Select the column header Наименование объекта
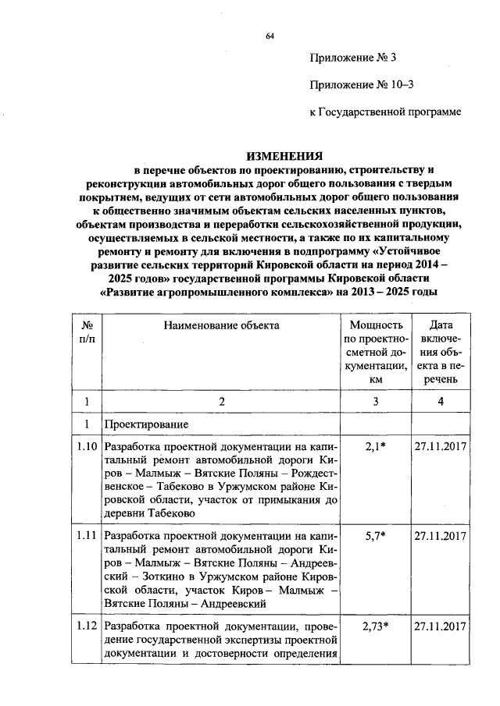[221, 325]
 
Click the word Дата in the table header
[441, 325]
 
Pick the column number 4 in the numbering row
[441, 401]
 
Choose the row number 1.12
[87, 626]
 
